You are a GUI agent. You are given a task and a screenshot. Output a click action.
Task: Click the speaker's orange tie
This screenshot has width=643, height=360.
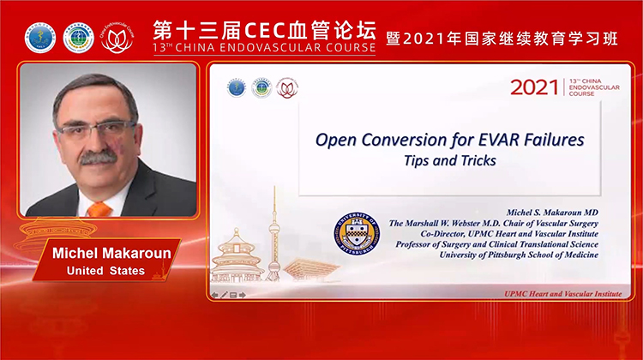100,208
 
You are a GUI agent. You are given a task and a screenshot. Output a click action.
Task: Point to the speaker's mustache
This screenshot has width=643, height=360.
98,158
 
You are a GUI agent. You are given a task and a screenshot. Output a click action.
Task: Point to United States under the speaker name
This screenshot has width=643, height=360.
106,272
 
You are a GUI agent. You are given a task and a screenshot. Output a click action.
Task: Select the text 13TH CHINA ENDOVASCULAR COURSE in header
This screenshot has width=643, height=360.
264,48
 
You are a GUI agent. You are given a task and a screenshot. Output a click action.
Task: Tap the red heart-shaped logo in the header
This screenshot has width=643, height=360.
117,38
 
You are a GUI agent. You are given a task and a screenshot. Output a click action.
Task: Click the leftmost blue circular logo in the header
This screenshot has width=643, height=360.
40,38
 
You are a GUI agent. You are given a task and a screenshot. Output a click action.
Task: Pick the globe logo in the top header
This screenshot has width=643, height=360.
79,38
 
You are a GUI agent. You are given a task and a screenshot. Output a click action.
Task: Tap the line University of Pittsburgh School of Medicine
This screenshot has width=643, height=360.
520,255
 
